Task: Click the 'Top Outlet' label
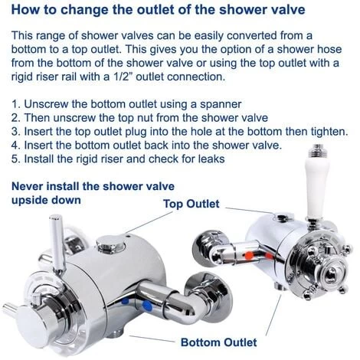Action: (x=191, y=204)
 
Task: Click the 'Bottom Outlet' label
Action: (x=219, y=342)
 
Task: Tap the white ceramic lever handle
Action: (x=316, y=188)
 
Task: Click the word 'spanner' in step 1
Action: (x=221, y=104)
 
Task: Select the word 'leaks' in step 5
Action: (x=211, y=159)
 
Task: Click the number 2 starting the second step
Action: (x=15, y=118)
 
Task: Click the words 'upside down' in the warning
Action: (x=46, y=200)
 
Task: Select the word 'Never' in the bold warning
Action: (x=27, y=186)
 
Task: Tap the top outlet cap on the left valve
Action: (x=111, y=242)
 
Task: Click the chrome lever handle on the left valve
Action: (x=57, y=243)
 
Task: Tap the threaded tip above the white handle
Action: (x=316, y=151)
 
